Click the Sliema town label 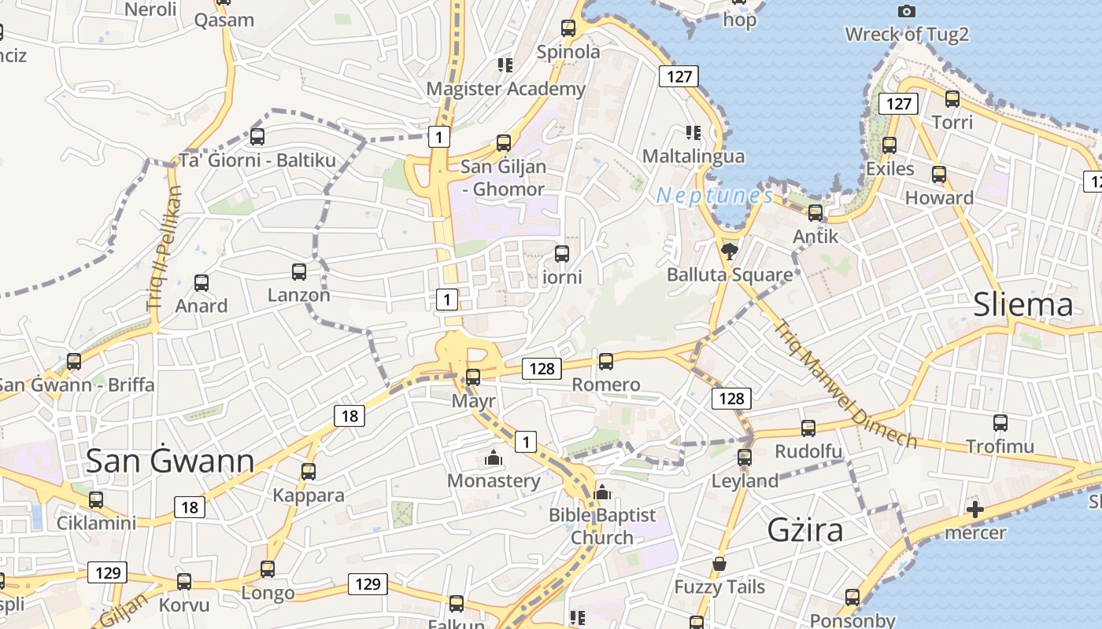1022,304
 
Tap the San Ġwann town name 170,461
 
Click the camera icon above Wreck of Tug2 907,11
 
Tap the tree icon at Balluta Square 729,252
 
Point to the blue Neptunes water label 715,195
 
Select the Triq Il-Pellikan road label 164,247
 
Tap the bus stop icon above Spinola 568,28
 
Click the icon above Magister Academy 505,64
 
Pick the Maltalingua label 693,156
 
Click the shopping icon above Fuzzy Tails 719,564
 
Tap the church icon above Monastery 494,458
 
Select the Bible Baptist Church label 602,526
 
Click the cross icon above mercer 975,509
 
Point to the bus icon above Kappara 309,472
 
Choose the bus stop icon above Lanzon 299,272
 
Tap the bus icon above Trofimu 1000,423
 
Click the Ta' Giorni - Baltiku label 257,160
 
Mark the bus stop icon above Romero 605,362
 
